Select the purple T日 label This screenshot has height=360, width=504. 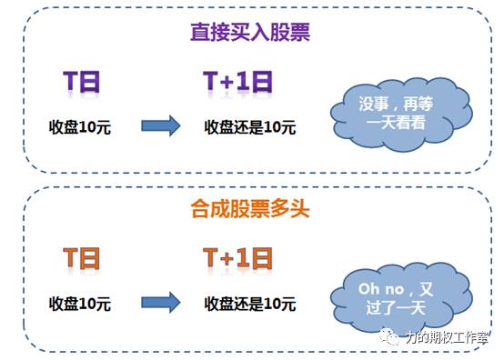tap(81, 81)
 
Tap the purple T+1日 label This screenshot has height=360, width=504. tap(240, 81)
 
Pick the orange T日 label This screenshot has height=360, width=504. tap(81, 258)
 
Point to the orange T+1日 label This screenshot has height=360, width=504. tap(239, 258)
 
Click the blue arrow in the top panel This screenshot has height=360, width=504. tap(161, 125)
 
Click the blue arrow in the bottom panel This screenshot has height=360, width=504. tap(161, 303)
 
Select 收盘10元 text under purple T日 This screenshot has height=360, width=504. tap(80, 125)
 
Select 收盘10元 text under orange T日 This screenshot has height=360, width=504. tap(80, 303)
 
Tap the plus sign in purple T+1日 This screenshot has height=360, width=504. tap(229, 82)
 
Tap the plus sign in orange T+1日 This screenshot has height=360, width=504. tap(229, 259)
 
